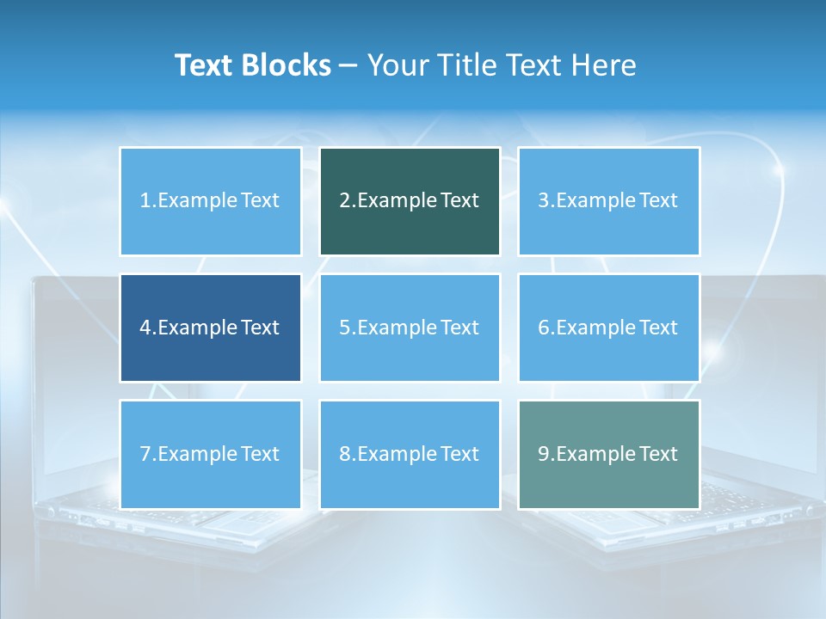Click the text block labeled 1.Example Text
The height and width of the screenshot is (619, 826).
[210, 201]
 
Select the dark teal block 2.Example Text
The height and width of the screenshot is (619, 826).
[410, 201]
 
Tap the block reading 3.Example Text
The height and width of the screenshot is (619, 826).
[608, 201]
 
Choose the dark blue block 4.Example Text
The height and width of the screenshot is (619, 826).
[210, 328]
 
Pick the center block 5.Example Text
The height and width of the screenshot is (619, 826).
[410, 328]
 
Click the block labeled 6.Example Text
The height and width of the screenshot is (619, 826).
[608, 328]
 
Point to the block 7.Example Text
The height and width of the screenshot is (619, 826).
[210, 454]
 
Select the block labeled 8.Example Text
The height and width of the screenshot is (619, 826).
[410, 454]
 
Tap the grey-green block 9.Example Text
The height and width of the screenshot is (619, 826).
[608, 454]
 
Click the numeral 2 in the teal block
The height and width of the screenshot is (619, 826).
[344, 201]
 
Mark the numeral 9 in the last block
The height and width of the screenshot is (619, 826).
[544, 454]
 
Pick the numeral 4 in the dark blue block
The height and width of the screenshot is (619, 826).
[145, 328]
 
